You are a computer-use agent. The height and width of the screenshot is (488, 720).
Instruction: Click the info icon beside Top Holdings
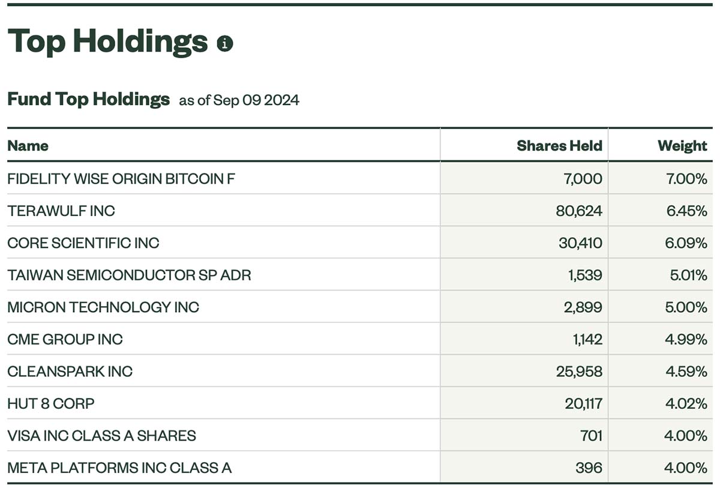click(x=224, y=43)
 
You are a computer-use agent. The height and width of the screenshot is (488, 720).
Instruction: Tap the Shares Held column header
click(x=559, y=146)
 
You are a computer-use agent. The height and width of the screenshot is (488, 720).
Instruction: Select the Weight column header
click(x=682, y=146)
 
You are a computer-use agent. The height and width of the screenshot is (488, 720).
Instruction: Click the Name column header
click(x=28, y=146)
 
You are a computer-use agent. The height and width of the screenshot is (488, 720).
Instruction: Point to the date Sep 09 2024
click(x=256, y=100)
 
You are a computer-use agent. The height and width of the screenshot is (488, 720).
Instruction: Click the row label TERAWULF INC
click(x=61, y=211)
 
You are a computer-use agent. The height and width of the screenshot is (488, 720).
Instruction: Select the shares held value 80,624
click(x=579, y=211)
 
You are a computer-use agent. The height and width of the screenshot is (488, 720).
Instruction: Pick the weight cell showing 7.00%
click(x=686, y=179)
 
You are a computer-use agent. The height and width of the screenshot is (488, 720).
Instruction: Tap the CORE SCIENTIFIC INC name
click(x=83, y=243)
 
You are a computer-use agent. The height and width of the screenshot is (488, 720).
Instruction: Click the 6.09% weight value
click(x=686, y=243)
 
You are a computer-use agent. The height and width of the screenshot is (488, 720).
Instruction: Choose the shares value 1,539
click(x=585, y=275)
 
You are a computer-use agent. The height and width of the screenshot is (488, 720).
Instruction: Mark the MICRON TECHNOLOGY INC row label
click(x=103, y=307)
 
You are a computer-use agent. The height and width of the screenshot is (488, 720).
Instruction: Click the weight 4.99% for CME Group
click(x=686, y=340)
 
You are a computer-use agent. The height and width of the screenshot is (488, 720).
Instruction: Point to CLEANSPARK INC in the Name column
click(x=70, y=372)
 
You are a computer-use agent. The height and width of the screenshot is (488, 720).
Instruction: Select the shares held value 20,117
click(x=583, y=404)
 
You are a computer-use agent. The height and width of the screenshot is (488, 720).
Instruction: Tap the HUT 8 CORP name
click(x=51, y=404)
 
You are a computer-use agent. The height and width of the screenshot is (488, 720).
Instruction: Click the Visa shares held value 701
click(x=591, y=436)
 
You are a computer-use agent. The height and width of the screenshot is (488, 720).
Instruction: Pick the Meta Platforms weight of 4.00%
click(x=686, y=468)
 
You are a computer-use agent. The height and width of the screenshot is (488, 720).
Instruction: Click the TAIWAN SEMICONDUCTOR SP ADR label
click(x=129, y=275)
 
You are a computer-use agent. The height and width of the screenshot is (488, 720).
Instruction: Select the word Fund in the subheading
click(x=29, y=98)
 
